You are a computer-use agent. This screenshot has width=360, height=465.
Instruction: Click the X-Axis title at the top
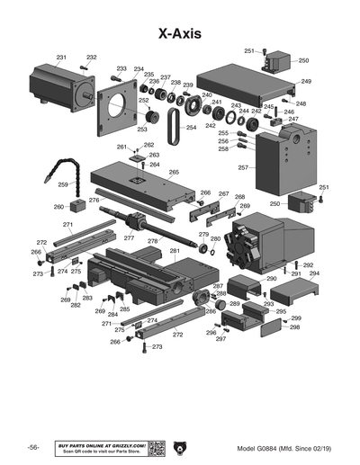179,33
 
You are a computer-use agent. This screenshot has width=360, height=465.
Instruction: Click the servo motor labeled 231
59,86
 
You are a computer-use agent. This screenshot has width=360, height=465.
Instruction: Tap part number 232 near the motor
91,58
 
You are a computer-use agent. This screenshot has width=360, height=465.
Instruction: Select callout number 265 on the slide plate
174,172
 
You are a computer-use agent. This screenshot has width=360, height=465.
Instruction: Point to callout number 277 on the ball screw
129,238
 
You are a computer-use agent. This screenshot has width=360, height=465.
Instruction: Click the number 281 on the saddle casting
175,251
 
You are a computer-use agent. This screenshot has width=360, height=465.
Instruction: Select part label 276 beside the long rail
94,201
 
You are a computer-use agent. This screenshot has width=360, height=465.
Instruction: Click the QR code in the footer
158,448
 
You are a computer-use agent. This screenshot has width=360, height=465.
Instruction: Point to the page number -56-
33,448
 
